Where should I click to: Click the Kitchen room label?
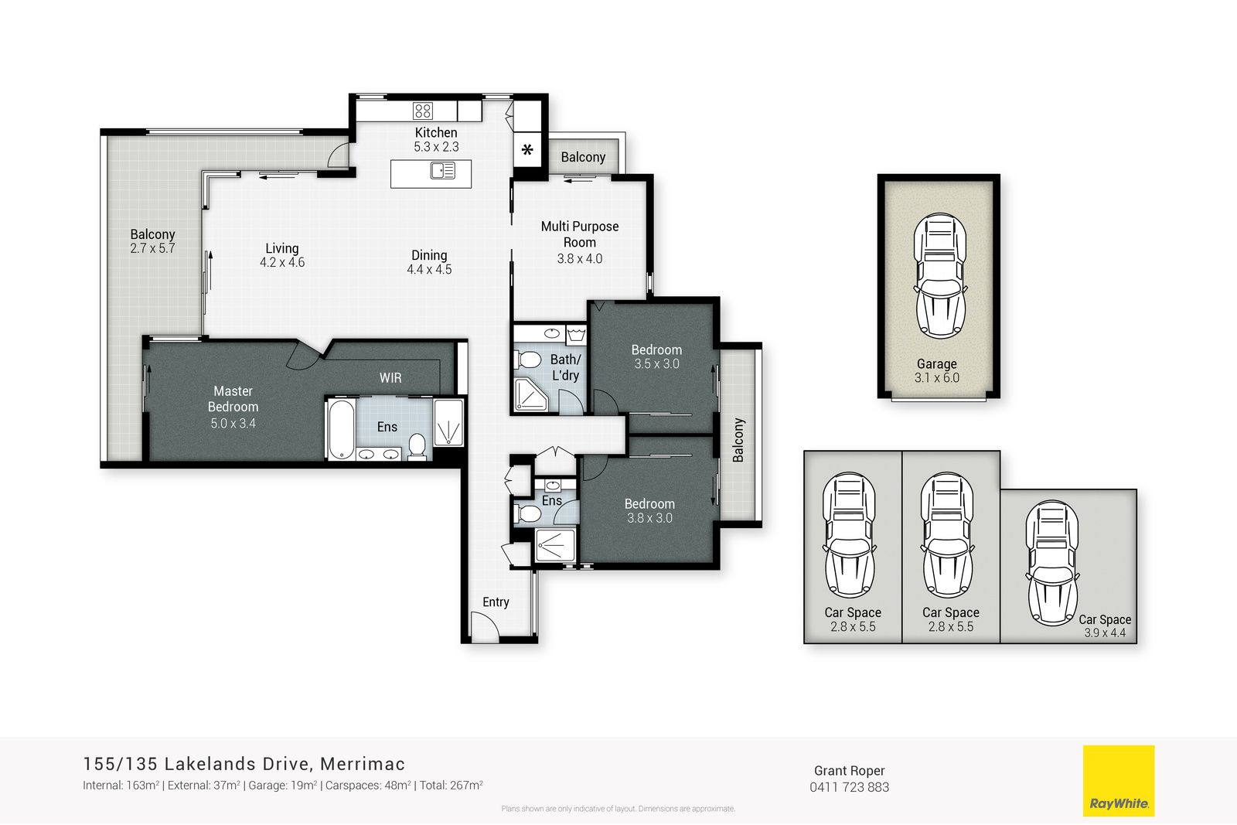[436, 132]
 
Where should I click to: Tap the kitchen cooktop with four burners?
[422, 111]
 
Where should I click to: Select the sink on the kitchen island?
[443, 171]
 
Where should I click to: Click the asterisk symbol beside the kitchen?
[527, 149]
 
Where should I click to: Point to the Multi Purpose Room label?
[579, 234]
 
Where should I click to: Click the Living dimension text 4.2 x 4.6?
[282, 262]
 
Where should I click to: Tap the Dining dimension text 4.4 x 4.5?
[429, 270]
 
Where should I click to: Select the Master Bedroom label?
[233, 399]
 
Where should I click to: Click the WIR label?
[390, 378]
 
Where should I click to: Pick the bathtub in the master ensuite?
[341, 429]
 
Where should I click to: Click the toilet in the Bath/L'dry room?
[529, 360]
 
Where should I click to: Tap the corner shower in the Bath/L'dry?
[530, 394]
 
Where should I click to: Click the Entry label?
[496, 602]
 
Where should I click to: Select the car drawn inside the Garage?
[939, 275]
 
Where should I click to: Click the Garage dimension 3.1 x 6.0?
[937, 378]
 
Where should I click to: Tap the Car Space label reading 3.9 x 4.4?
[1105, 632]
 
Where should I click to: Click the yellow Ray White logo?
[1118, 780]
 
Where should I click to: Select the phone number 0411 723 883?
[850, 787]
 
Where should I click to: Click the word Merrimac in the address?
[363, 764]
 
